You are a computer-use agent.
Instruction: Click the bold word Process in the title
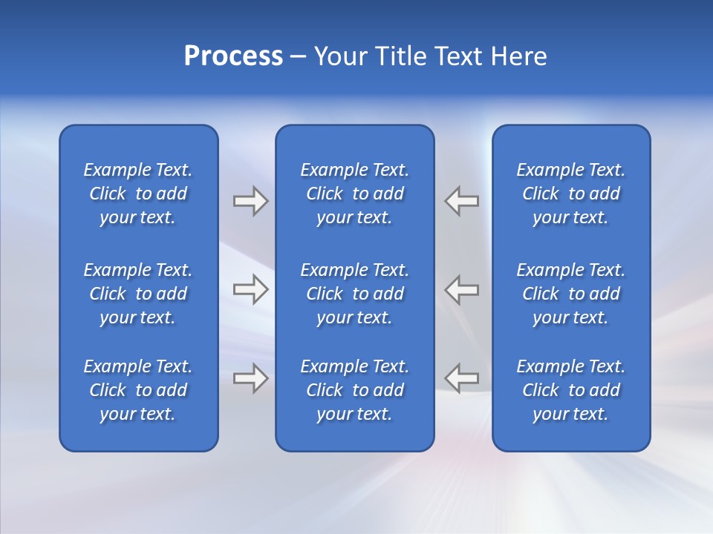[x=233, y=56]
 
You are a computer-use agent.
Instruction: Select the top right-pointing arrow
[x=250, y=201]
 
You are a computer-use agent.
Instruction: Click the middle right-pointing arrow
[x=250, y=289]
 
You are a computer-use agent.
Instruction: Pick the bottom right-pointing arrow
[x=250, y=378]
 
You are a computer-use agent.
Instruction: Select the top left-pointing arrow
[x=462, y=201]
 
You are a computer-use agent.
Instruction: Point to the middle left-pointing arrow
[x=462, y=289]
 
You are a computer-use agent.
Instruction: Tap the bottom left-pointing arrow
[x=462, y=378]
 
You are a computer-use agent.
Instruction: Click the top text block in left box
[x=138, y=194]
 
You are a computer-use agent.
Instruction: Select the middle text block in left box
[x=138, y=294]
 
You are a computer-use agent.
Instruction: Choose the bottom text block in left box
[x=138, y=390]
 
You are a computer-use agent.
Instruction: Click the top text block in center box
[x=355, y=194]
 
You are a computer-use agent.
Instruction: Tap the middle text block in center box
[x=355, y=294]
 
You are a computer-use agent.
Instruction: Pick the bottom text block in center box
[x=355, y=390]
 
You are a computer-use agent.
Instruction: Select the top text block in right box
[x=571, y=194]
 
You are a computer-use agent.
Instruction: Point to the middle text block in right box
[x=571, y=294]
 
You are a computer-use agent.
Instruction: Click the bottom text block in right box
[x=571, y=390]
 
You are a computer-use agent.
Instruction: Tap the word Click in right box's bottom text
[x=540, y=390]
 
